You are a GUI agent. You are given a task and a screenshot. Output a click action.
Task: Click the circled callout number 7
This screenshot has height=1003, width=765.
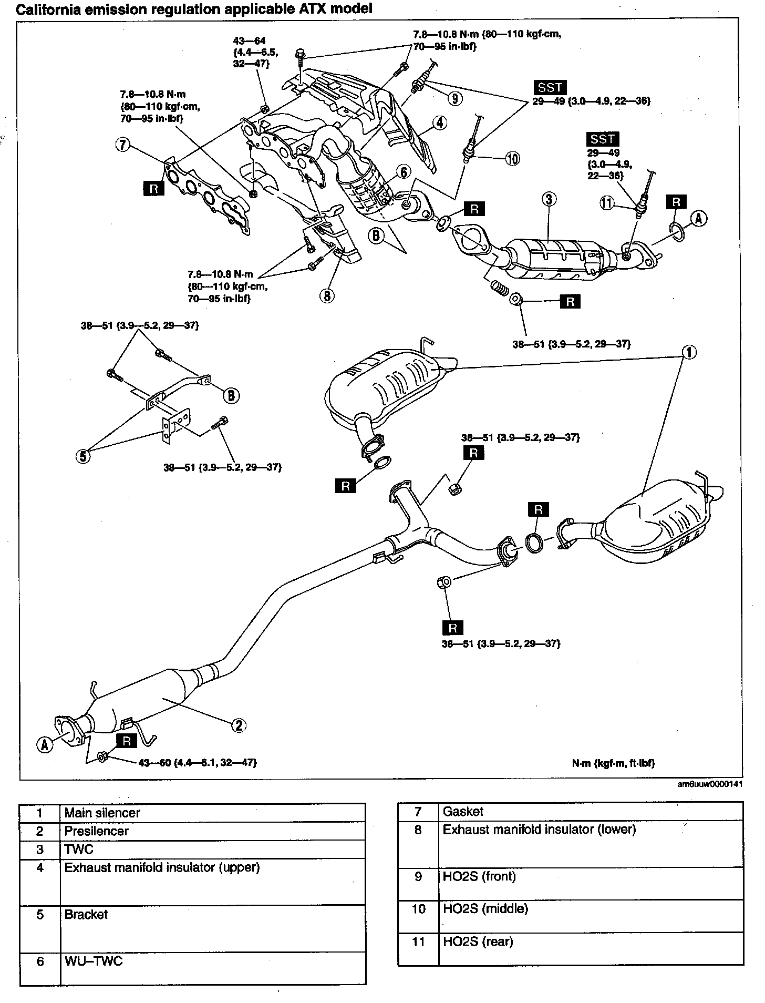click(x=122, y=145)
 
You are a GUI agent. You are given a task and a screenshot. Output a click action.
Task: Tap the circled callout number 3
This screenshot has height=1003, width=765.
click(x=548, y=199)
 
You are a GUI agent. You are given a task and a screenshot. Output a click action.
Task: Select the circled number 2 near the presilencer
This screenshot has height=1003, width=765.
click(x=238, y=725)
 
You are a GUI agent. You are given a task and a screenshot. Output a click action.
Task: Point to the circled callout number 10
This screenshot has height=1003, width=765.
click(x=512, y=158)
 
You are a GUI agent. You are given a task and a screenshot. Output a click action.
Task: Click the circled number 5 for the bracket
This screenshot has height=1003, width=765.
click(x=82, y=456)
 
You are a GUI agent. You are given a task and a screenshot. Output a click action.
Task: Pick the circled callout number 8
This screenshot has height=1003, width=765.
click(x=326, y=296)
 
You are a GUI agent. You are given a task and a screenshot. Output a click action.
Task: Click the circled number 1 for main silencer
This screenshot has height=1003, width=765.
click(x=689, y=352)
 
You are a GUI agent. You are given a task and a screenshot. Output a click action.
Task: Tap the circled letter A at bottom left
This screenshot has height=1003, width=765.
click(x=45, y=744)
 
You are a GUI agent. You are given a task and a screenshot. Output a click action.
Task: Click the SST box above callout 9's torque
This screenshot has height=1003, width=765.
click(x=550, y=88)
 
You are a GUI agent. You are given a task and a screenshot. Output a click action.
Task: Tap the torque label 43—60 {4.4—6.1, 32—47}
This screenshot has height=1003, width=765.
click(x=197, y=762)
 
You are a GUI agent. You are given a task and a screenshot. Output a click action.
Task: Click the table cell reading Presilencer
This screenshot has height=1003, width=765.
click(x=96, y=831)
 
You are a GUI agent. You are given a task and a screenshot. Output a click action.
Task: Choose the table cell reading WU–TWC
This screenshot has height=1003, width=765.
click(x=93, y=961)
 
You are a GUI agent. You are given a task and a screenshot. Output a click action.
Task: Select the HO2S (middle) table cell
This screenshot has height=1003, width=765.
click(x=485, y=909)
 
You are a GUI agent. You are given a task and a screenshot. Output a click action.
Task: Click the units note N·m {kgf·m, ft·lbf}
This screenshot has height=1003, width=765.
click(x=613, y=763)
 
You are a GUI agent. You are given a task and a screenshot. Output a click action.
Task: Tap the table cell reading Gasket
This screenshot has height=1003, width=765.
click(x=463, y=812)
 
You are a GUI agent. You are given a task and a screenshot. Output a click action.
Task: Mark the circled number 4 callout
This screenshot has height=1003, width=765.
click(x=440, y=123)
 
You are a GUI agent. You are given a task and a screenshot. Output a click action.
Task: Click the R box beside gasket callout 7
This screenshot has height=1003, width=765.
click(x=153, y=188)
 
